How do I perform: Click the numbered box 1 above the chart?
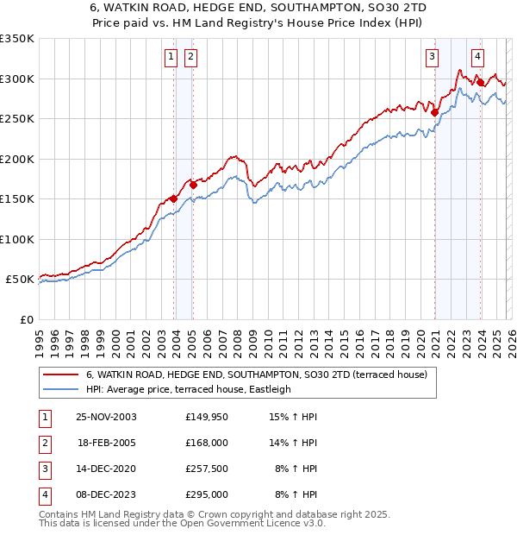(x=171, y=58)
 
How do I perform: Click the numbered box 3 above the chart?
(x=431, y=58)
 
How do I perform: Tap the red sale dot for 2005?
(x=193, y=184)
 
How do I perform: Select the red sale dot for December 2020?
(x=434, y=112)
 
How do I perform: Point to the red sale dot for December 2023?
(x=480, y=82)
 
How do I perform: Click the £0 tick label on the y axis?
(x=26, y=319)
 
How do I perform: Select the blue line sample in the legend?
(x=60, y=389)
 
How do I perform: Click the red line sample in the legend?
(x=60, y=374)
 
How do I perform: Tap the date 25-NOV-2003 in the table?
(x=106, y=417)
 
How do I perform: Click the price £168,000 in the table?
(x=206, y=442)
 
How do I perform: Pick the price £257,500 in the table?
(x=206, y=469)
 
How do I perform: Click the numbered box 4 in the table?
(x=44, y=494)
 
